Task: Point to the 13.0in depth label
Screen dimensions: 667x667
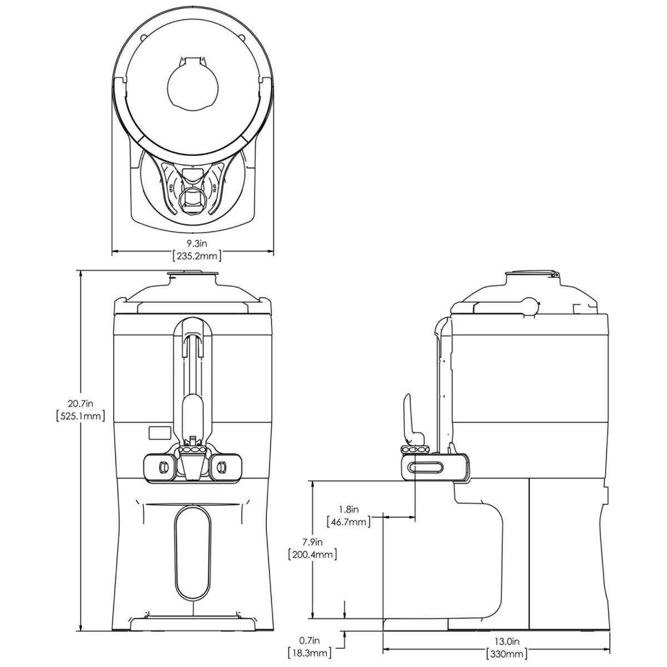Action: (506, 640)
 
